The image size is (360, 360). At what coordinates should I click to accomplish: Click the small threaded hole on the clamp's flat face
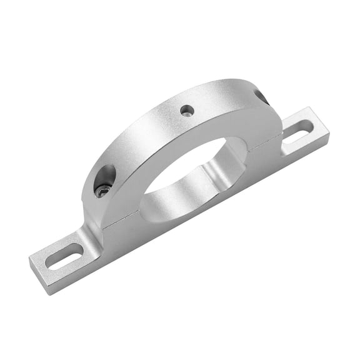[187, 111]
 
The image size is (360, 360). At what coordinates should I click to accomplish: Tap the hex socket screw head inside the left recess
[102, 191]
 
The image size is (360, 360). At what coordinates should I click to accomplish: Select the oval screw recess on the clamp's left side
[105, 181]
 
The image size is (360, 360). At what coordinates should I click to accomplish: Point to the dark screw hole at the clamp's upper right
[261, 96]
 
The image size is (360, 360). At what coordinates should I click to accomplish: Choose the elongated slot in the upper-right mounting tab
[298, 132]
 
